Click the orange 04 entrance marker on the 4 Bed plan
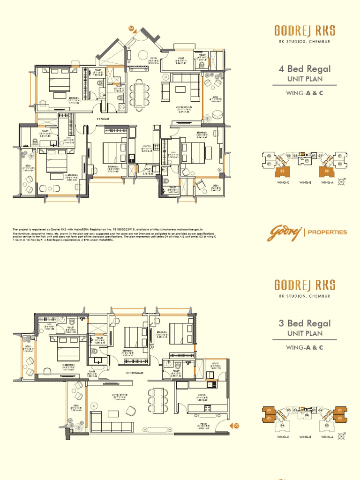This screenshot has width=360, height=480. [x=132, y=28]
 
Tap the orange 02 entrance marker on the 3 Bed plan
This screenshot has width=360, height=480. [x=236, y=426]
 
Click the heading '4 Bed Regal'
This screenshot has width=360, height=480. [x=305, y=69]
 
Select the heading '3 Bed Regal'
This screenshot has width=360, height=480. [x=305, y=323]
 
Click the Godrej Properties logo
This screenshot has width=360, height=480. [x=307, y=232]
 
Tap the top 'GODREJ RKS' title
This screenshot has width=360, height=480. [x=305, y=31]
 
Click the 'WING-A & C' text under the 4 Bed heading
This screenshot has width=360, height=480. [x=305, y=93]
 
